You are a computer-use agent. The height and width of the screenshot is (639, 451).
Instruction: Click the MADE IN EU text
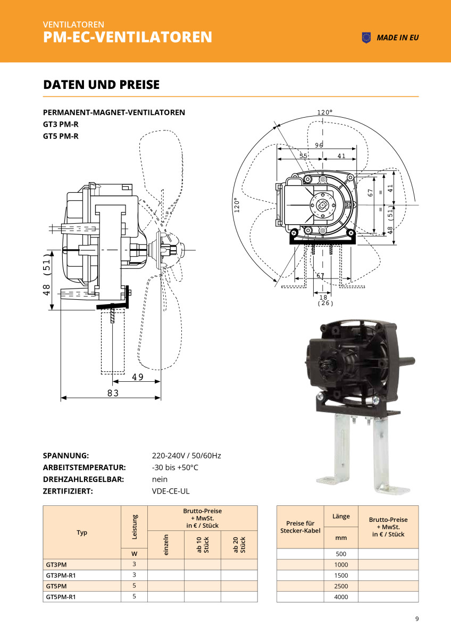(x=397, y=38)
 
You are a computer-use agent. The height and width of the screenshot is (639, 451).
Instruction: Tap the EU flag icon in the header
(x=366, y=37)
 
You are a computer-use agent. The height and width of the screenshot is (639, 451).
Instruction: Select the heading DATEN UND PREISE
(x=101, y=85)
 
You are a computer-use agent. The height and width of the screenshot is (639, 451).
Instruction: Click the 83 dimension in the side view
(x=112, y=393)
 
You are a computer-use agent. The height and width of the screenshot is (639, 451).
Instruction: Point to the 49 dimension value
(x=138, y=377)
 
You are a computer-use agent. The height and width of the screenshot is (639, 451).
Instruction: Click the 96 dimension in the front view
(x=319, y=145)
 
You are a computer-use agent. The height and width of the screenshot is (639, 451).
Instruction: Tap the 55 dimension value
(x=303, y=155)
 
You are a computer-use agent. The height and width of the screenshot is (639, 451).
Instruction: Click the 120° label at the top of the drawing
(x=324, y=112)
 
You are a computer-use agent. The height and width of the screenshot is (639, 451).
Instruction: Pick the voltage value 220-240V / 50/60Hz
(x=186, y=456)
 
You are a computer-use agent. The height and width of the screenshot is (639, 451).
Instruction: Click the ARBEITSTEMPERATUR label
(x=84, y=468)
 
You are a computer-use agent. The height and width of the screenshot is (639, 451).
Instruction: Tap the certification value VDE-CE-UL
(x=171, y=491)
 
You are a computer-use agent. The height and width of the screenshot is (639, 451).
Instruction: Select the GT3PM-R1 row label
(x=61, y=575)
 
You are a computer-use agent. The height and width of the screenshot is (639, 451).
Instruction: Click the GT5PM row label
(x=56, y=586)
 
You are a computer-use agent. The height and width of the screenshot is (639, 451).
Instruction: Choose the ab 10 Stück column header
(x=202, y=544)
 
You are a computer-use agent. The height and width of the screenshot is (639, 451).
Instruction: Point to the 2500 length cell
(x=341, y=586)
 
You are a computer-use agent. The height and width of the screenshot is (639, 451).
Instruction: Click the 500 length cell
(x=341, y=554)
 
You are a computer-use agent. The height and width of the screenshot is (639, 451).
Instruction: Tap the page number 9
(x=417, y=619)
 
